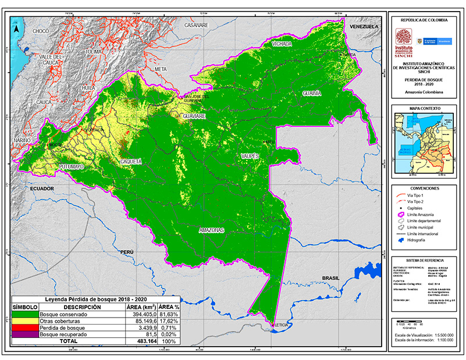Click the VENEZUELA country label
[x=364, y=27]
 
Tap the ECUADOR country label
[x=42, y=189]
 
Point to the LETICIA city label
[x=282, y=326]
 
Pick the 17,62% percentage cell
[x=169, y=322]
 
